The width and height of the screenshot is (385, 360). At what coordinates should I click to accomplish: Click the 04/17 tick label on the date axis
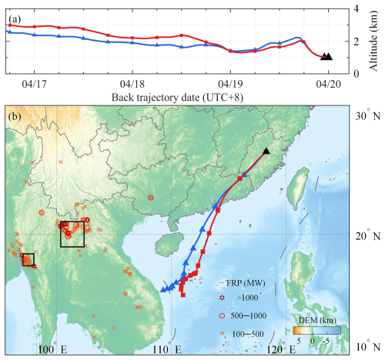pos(35,84)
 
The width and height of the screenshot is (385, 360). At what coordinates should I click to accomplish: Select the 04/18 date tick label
pos(132,84)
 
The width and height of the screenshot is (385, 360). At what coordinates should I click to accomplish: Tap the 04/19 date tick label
pos(230,84)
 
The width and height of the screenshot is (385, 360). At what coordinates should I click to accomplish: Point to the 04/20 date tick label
pos(329,84)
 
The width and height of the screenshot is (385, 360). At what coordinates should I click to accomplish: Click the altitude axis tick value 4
pos(357,8)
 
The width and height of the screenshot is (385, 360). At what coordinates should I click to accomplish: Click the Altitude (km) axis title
pos(373,41)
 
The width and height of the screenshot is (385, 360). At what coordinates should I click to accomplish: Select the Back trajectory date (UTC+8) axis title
pos(177,98)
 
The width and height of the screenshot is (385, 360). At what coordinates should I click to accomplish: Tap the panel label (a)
pos(15,19)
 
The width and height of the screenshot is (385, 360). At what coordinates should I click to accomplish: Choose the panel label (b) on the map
pos(15,117)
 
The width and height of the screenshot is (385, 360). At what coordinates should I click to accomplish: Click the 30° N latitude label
pos(367,116)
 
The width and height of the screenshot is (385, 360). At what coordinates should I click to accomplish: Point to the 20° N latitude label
pos(367,236)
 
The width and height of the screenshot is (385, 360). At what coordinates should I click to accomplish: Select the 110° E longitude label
pos(167,349)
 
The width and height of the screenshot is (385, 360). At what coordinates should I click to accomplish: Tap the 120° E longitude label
pos(281,349)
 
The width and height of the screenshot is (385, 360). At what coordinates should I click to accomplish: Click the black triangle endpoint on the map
pos(266,151)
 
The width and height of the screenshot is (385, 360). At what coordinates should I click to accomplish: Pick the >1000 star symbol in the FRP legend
pos(222,298)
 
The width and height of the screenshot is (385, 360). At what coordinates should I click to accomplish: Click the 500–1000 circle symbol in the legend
pos(222,316)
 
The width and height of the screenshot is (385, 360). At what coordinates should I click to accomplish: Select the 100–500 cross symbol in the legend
pos(223,334)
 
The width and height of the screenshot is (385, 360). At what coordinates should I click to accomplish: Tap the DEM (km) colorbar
pos(317,331)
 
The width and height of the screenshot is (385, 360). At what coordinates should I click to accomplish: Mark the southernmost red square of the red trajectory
pos(183,295)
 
